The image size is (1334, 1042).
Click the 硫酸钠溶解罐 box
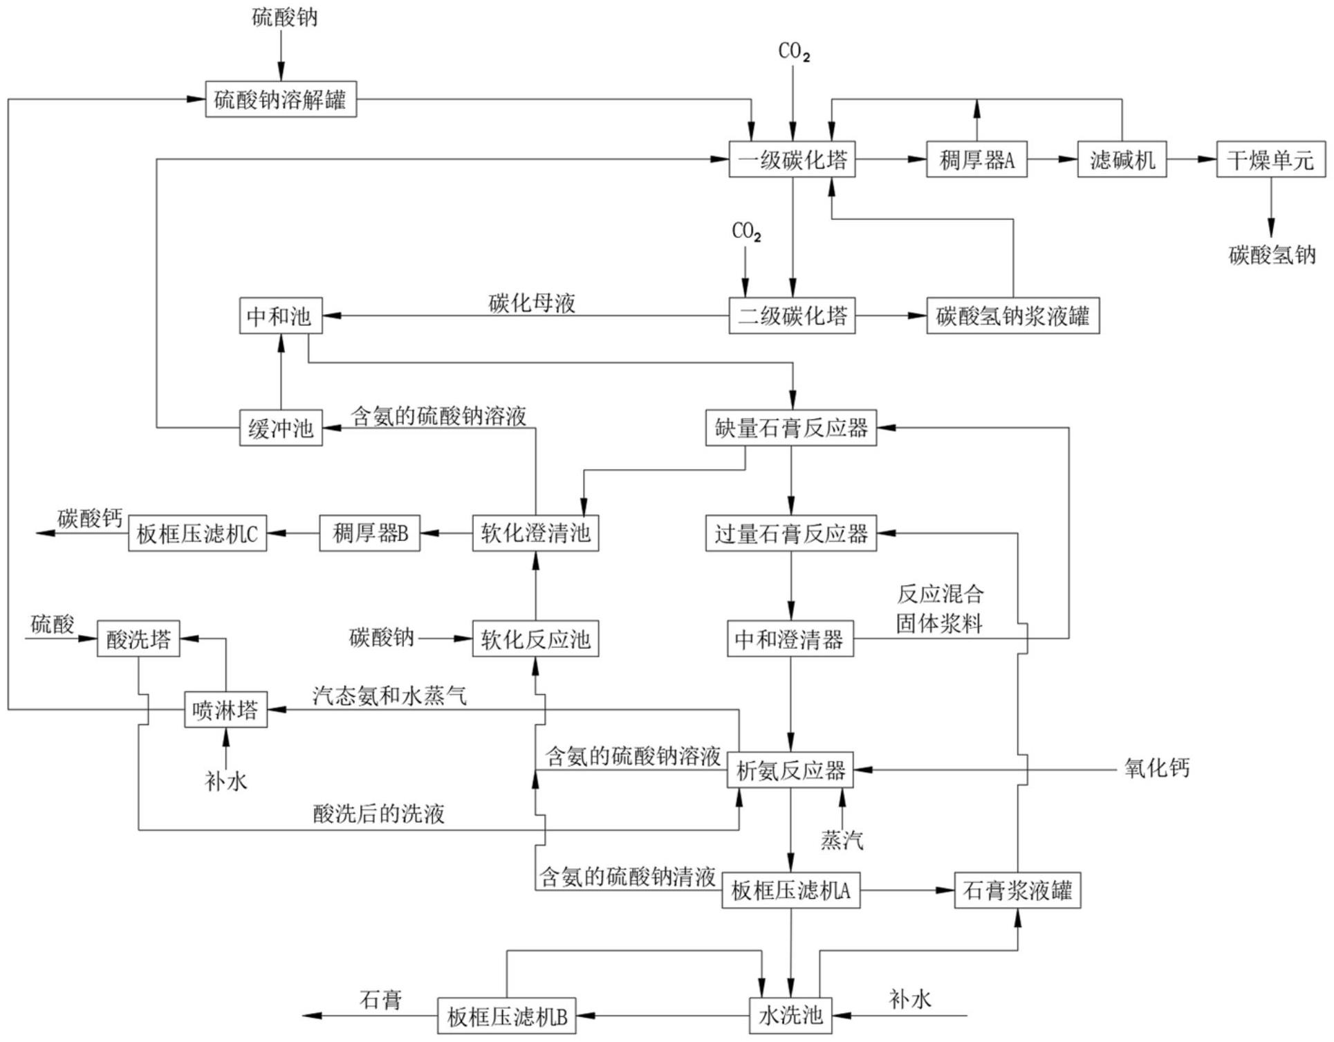281,99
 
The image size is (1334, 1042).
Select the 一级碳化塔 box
792,160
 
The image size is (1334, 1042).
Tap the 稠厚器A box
976,160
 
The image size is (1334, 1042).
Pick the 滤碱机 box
1122,160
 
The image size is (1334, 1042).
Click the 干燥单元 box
1271,160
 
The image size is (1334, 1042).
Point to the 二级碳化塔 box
792,316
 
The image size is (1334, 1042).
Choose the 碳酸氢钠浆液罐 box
1013,316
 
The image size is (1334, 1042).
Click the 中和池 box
281,316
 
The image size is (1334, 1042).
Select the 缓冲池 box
281,428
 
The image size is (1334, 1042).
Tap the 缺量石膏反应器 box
791,428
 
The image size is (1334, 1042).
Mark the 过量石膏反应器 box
791,533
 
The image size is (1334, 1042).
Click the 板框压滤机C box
198,533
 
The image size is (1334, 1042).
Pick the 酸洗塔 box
138,639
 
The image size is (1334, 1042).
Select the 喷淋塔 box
225,709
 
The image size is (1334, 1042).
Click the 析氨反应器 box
790,770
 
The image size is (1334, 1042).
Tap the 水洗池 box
790,1016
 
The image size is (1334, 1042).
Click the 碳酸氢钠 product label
1272,255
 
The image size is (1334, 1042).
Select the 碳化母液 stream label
532,303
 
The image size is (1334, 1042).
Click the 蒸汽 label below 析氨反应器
842,840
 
